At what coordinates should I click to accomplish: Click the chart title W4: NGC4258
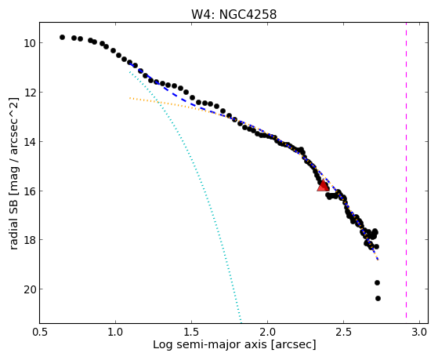233,15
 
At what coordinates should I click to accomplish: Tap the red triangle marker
323,185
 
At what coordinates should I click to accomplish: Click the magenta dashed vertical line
406,170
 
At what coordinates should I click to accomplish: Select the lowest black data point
378,299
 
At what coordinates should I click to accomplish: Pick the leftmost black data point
62,37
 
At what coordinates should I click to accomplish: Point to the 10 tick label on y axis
29,43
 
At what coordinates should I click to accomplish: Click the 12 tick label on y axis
29,93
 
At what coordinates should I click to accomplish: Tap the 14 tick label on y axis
29,142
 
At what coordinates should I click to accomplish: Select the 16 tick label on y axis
29,191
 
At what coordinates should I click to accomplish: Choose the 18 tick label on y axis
29,240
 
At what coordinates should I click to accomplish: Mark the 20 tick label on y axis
29,289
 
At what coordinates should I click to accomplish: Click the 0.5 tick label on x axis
40,332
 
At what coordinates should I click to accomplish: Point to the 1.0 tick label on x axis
115,332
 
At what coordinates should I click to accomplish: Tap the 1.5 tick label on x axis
192,332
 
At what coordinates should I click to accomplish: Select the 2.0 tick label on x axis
268,332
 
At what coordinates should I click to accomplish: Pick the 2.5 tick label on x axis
344,332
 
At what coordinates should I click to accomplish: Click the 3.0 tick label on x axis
420,332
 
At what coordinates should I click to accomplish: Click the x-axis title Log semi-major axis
210,345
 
